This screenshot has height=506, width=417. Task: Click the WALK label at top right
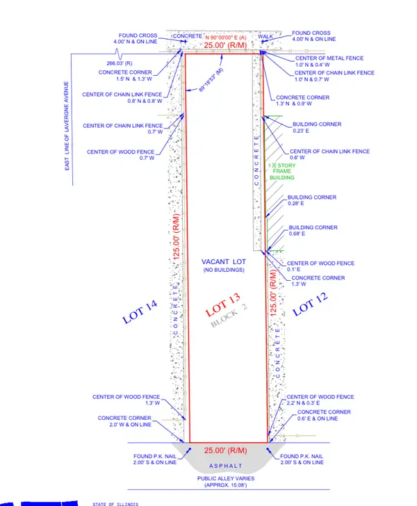(x=267, y=35)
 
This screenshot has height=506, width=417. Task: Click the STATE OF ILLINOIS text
(x=117, y=503)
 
